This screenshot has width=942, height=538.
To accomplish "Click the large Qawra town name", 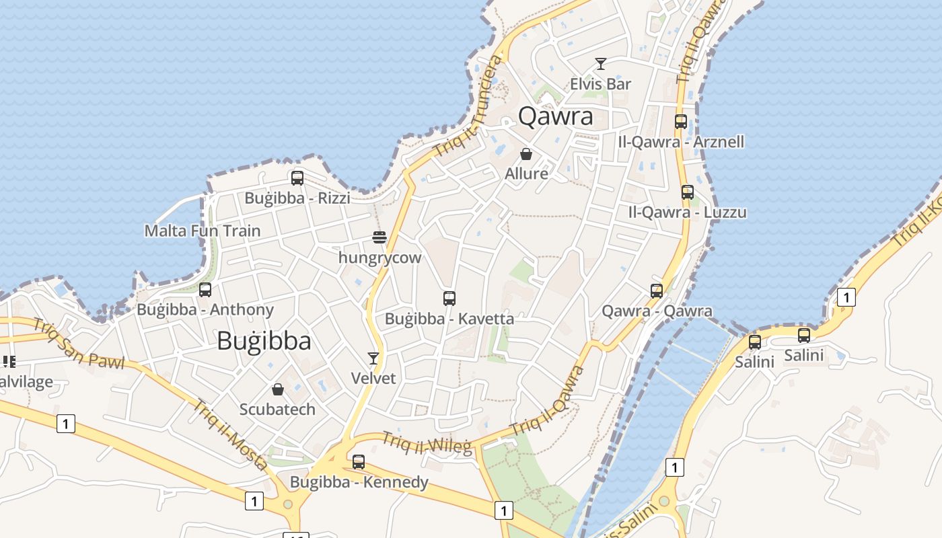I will [x=556, y=116].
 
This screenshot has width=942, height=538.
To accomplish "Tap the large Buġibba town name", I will [x=264, y=341].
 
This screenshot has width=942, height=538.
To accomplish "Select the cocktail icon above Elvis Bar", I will [x=601, y=64].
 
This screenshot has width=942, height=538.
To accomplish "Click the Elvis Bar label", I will [x=600, y=84].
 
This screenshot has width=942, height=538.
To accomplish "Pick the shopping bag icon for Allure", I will [x=526, y=154].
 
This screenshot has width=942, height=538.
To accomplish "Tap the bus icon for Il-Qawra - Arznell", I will [x=681, y=122].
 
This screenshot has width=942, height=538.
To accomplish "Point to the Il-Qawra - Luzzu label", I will [x=687, y=213].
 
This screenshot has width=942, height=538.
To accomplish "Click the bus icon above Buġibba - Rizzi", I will [x=297, y=178].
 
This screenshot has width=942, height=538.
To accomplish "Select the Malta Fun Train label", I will [x=203, y=231].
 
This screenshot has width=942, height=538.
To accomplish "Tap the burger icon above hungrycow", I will [x=379, y=237].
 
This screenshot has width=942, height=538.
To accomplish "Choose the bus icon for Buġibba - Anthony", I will [x=205, y=290].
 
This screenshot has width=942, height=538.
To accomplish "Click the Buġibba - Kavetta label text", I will [x=449, y=319].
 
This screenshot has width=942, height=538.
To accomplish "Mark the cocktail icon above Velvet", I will [x=373, y=358].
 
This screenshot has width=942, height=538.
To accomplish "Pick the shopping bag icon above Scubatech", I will [x=277, y=389].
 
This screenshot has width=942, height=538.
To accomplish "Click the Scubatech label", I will [x=277, y=409].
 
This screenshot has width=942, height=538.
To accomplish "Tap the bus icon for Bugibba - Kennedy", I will [x=359, y=462].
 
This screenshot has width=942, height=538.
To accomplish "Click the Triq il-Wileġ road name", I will [x=427, y=443].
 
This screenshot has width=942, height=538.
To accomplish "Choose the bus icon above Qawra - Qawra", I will [x=657, y=291].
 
